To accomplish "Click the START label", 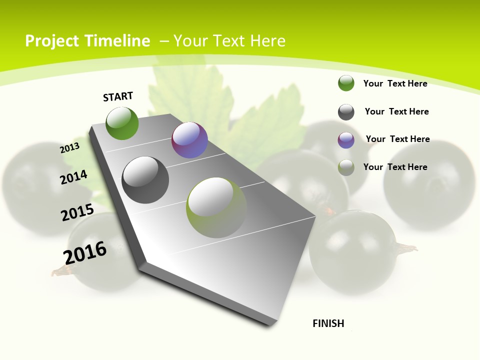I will (118, 96).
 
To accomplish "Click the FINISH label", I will (328, 323).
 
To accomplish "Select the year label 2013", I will (70, 148).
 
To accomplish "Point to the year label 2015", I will (77, 212).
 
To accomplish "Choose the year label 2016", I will (85, 253).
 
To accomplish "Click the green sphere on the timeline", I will (122, 123).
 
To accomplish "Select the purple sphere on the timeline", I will (189, 140).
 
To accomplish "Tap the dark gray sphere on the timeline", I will (145, 180).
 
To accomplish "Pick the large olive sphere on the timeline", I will (216, 207).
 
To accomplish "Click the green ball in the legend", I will (346, 83).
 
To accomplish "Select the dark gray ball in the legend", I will (346, 112).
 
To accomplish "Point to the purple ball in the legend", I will (346, 140).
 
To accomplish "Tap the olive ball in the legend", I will (346, 167).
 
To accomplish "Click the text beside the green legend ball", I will (395, 83).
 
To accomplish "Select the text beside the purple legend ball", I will (397, 139).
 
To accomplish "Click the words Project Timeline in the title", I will (87, 41).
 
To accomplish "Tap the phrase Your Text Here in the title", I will (229, 41).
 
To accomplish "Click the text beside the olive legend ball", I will (395, 167).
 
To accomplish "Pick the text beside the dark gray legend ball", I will (396, 111).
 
